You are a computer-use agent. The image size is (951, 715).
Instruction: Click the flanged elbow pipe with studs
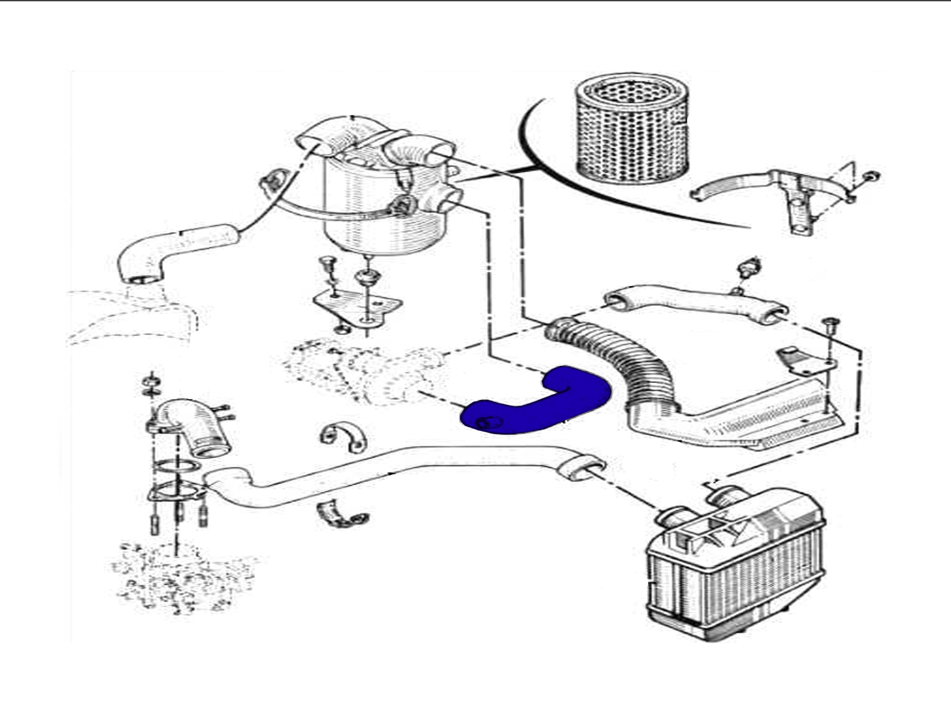(194, 426)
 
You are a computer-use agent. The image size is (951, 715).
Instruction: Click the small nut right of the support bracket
(871, 176)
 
